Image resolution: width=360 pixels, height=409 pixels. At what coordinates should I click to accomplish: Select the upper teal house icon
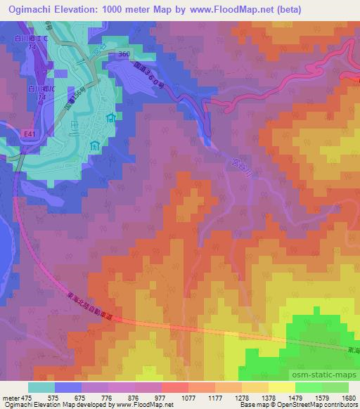(x=111, y=119)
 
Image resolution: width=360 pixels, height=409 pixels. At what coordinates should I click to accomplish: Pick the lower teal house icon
(x=95, y=146)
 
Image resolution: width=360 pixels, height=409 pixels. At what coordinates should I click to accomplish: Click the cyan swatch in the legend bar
(x=41, y=387)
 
